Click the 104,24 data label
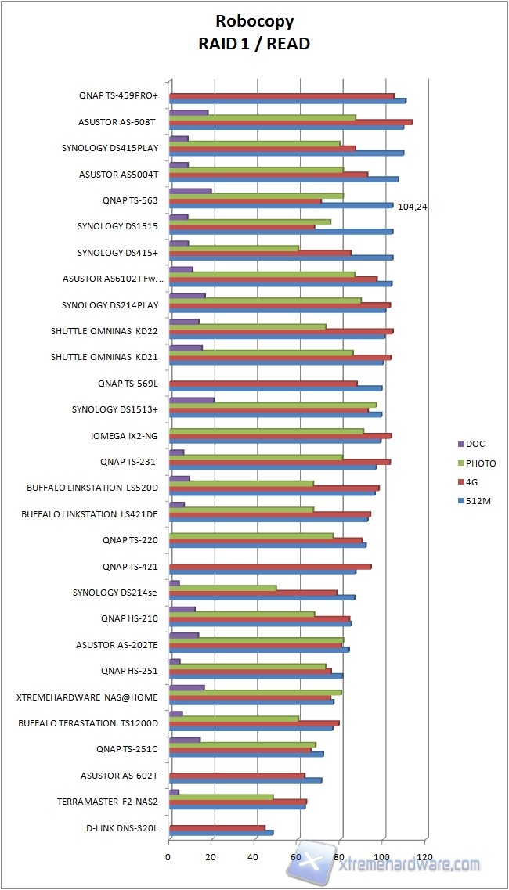tap(412, 207)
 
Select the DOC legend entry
tap(475, 444)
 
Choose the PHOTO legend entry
tap(480, 463)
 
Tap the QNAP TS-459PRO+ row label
tap(118, 96)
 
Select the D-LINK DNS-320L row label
tap(122, 828)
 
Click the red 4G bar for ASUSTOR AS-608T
tap(291, 122)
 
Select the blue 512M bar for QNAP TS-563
tap(281, 206)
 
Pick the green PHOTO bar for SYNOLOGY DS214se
tap(223, 587)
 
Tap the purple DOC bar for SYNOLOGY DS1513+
tap(192, 400)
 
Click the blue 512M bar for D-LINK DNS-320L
tap(221, 832)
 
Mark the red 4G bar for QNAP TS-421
tap(270, 566)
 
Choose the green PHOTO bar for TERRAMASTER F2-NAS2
tap(221, 797)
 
